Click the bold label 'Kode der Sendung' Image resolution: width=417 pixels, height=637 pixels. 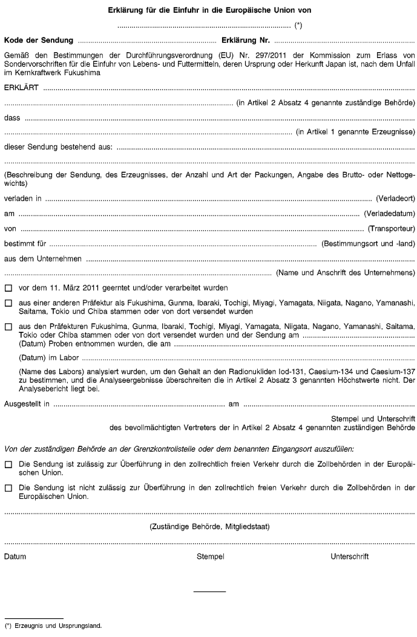tap(39, 42)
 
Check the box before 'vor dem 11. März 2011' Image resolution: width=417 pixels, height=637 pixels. tap(8, 288)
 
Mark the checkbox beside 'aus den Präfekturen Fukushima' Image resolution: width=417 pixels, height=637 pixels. tap(8, 326)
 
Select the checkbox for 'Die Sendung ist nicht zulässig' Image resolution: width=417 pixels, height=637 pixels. tap(8, 487)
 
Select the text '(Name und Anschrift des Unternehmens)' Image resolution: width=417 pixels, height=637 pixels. tap(345, 272)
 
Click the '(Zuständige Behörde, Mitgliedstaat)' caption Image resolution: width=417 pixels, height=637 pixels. tap(209, 526)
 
